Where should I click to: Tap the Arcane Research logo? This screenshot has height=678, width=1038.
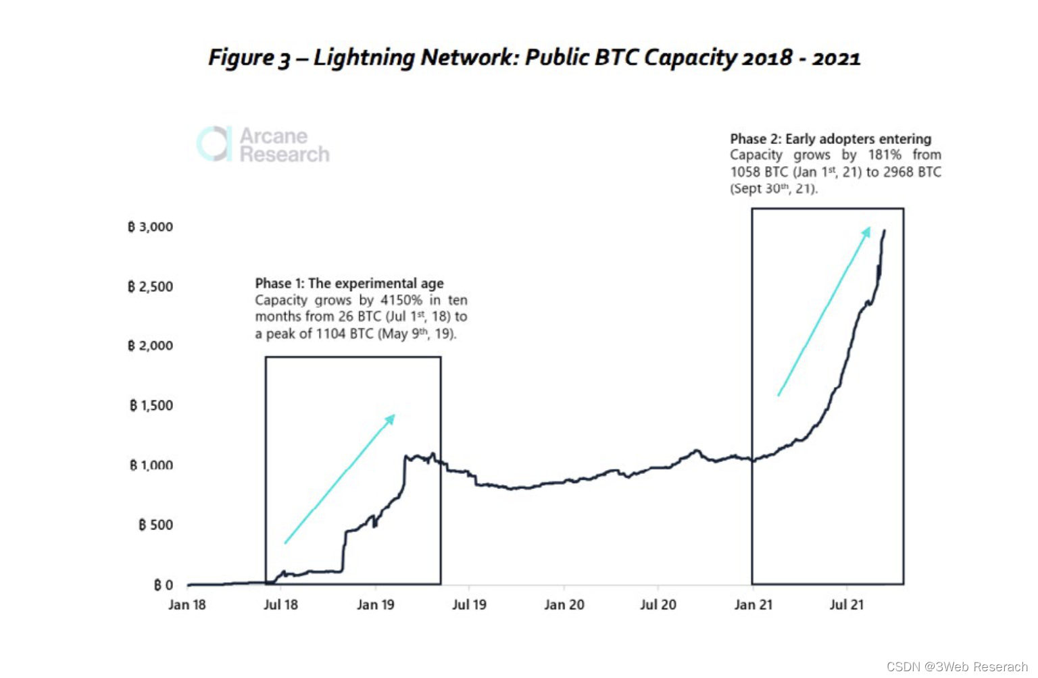click(x=263, y=145)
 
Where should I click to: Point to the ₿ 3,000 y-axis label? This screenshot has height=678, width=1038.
click(x=150, y=227)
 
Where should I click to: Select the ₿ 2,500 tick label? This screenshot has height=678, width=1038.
click(x=150, y=286)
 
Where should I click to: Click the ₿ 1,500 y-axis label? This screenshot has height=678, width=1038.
click(x=151, y=405)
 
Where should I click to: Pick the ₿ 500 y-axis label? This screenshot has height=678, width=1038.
click(x=155, y=525)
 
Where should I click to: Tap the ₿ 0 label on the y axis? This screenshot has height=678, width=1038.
click(x=163, y=585)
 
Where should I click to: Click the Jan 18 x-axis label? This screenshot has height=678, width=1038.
click(x=187, y=604)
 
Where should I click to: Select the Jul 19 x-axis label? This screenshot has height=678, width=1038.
click(x=469, y=604)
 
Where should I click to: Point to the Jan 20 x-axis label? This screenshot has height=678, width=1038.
click(x=564, y=604)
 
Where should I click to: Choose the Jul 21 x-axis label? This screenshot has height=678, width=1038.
click(x=847, y=604)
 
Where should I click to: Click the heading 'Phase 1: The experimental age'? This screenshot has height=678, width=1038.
click(x=349, y=284)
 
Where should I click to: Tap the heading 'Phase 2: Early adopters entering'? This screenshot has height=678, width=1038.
click(x=831, y=139)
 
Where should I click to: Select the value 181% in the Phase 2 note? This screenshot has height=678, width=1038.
click(x=885, y=155)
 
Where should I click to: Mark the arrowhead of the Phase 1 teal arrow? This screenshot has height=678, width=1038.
click(x=391, y=418)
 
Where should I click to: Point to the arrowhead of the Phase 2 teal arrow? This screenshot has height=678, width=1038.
click(x=867, y=232)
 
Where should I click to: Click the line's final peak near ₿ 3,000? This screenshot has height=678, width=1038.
click(x=884, y=231)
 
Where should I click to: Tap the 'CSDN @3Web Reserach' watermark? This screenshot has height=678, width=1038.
click(x=957, y=667)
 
